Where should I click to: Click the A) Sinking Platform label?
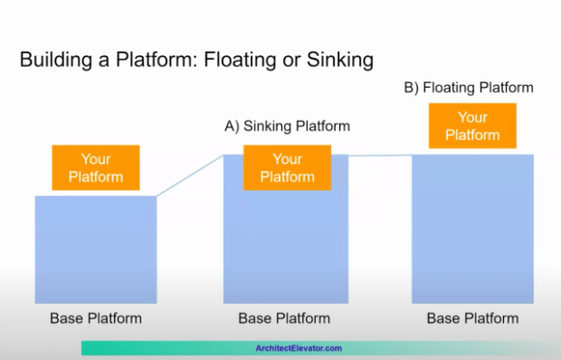click(287, 126)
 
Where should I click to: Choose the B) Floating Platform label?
click(468, 88)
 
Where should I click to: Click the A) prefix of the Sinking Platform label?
click(232, 126)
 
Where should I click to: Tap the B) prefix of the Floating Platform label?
click(412, 88)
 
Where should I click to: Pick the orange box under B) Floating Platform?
click(471, 126)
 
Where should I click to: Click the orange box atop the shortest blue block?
click(95, 167)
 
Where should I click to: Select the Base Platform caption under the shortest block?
click(95, 318)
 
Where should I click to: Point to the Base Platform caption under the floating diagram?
click(472, 318)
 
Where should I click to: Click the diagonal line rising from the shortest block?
click(190, 175)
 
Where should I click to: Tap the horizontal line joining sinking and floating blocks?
click(380, 156)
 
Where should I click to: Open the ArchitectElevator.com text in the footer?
click(299, 348)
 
